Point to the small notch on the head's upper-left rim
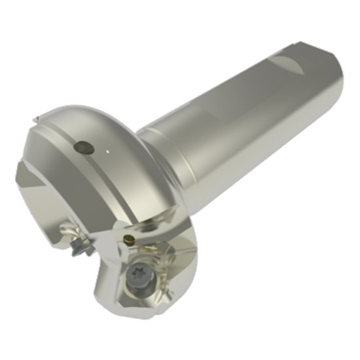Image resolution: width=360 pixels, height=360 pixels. [37, 121]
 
